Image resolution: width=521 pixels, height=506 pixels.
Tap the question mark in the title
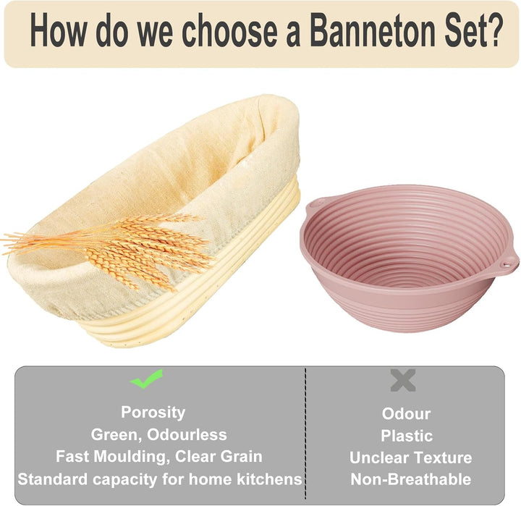(492, 30)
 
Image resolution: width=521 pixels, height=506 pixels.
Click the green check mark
(146, 379)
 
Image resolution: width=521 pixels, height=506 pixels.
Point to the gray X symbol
(403, 380)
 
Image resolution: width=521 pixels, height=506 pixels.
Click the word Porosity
(153, 413)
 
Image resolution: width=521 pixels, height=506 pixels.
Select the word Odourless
(187, 434)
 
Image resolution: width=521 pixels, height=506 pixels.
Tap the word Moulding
(130, 457)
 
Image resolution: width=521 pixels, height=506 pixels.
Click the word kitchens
(269, 479)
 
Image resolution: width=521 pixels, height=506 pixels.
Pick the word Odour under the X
(406, 414)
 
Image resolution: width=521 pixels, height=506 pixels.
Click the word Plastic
(407, 436)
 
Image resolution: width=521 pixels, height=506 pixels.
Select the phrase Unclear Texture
(411, 457)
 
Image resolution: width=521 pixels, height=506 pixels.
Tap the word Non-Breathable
(411, 479)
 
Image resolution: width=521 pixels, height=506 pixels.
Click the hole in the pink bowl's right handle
(506, 265)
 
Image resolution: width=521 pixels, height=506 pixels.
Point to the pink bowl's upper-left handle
(315, 203)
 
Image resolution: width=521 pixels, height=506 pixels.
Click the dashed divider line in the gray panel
(305, 433)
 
